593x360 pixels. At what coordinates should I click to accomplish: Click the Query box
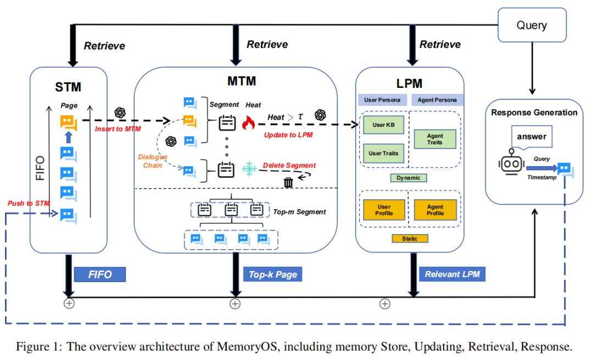coord(532,25)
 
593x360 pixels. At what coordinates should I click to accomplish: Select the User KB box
coord(383,125)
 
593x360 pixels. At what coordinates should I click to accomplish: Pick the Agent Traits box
coord(435,139)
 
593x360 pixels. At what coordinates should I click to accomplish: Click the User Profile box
coord(384,210)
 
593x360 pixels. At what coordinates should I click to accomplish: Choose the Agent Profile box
coord(435,210)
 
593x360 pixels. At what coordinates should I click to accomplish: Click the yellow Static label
coord(410,239)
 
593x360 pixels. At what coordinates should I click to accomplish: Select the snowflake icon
coord(250,168)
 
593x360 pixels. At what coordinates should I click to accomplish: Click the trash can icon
coord(288,182)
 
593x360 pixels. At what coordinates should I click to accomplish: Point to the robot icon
coord(510,163)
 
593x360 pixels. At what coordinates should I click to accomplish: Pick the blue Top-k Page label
coord(272,274)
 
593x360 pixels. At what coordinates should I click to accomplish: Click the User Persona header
coord(383,100)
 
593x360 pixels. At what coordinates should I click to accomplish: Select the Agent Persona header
coord(436,100)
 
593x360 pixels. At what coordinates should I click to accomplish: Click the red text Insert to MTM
coord(118,129)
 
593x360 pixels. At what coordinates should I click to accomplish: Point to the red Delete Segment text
coord(289,165)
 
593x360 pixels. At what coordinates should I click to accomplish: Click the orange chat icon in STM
coord(68,122)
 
